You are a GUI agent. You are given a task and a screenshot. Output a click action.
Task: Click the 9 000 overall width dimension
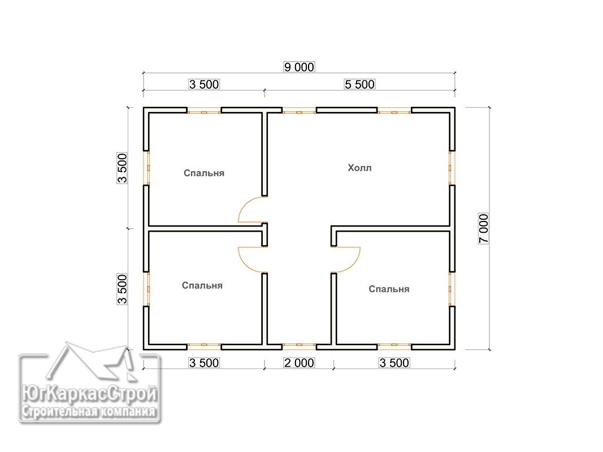coord(299,67)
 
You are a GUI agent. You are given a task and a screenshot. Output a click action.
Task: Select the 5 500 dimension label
coord(359,84)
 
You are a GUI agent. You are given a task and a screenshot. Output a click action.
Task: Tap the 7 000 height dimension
coord(483,228)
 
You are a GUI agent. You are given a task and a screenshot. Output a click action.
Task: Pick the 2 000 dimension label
coord(299,362)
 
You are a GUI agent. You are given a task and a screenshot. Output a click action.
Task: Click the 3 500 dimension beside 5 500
coord(204,84)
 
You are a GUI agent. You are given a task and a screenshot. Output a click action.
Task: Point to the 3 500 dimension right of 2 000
coord(394,362)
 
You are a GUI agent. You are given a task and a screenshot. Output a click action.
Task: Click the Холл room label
coord(359,168)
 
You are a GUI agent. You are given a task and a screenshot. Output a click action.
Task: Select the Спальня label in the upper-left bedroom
coord(204,173)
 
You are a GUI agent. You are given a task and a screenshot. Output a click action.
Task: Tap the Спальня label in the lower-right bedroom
coord(389,289)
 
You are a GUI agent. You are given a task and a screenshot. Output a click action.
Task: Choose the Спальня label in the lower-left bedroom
coord(202,285)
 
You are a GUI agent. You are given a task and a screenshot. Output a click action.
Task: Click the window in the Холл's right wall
coord(452,168)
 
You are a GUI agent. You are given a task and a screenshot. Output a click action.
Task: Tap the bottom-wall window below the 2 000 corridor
coord(299,347)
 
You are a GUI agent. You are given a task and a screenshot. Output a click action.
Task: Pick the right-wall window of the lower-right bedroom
coord(452,289)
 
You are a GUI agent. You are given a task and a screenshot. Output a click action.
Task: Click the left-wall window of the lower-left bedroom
coord(146,289)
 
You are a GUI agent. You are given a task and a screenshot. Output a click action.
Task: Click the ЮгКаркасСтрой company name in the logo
coord(89,394)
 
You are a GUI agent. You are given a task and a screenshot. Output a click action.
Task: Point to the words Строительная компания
coord(89,412)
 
